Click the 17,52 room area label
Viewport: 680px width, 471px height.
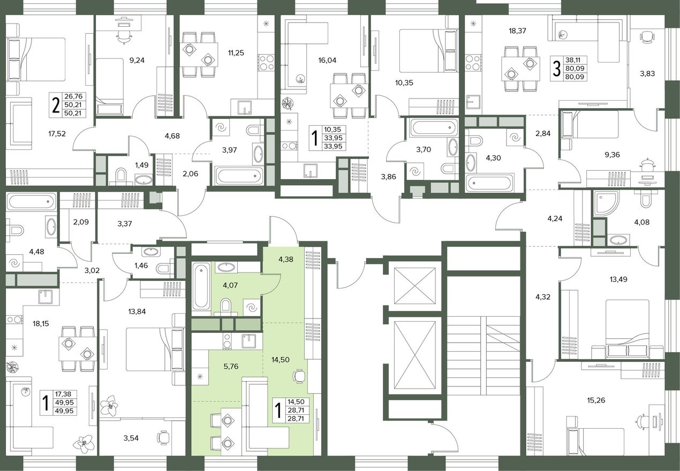[57, 133]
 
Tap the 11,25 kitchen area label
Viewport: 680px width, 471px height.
[236, 53]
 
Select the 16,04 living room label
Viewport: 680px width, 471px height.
[327, 60]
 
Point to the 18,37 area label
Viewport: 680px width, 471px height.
[517, 31]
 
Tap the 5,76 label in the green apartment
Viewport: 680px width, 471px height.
[231, 366]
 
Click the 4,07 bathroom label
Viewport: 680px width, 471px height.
[230, 285]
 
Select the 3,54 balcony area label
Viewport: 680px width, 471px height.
[131, 438]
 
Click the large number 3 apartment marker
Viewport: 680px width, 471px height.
[556, 69]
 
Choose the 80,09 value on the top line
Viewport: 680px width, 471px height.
[575, 69]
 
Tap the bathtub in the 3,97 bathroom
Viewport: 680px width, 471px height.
[239, 176]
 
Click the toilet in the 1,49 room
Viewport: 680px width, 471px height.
[120, 176]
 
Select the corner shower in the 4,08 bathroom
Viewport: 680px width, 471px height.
[604, 203]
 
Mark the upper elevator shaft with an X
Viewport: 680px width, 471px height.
[414, 285]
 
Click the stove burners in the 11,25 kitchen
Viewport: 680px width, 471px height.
[266, 62]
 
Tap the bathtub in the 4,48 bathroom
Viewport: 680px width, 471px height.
[31, 201]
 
